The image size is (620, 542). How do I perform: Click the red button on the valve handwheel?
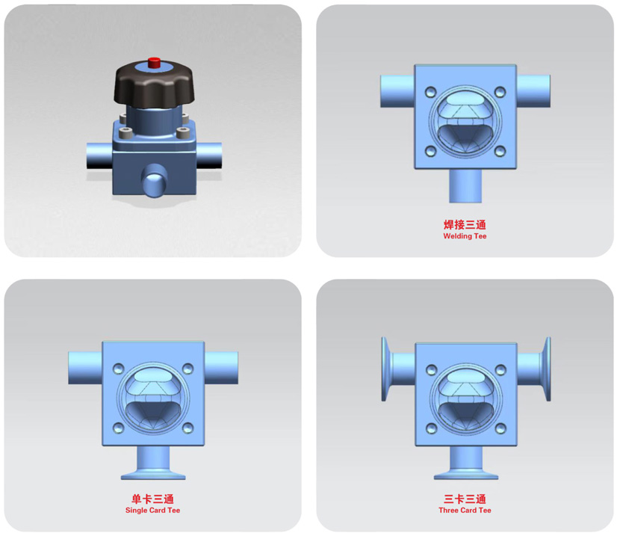click(154, 63)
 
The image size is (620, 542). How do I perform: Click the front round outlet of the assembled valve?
click(154, 182)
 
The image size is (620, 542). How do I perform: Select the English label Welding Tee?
click(465, 236)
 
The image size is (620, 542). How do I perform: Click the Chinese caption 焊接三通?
click(465, 225)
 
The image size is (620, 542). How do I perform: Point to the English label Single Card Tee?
click(152, 511)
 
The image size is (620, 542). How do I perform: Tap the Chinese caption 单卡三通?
click(152, 499)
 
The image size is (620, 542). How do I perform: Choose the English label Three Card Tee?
click(465, 511)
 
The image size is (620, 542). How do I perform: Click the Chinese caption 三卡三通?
click(465, 499)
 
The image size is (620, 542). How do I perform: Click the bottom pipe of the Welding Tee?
click(465, 186)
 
